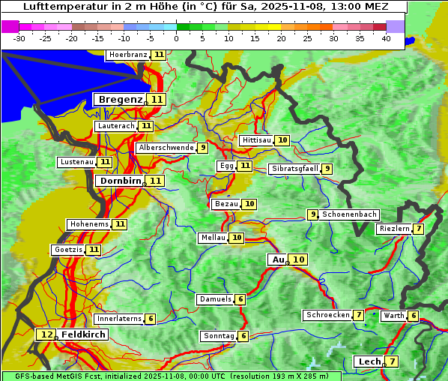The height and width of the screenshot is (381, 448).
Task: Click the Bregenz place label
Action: (x=120, y=100)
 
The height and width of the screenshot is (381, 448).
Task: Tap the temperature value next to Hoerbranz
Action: (x=158, y=55)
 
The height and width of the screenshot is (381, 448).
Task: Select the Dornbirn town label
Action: (x=119, y=181)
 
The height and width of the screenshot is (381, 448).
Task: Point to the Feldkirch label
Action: (x=84, y=334)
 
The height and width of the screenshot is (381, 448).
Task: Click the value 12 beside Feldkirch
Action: (x=47, y=334)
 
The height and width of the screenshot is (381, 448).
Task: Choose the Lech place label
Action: (x=369, y=361)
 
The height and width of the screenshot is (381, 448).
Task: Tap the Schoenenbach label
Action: (x=349, y=214)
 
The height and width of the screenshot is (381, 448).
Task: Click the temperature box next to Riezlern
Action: (x=419, y=229)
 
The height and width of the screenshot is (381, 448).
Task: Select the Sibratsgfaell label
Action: (x=294, y=169)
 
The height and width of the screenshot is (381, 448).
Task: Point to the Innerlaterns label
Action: (x=119, y=319)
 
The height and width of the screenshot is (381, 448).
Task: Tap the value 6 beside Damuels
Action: (x=240, y=299)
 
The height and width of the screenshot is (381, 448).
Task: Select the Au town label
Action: (x=278, y=259)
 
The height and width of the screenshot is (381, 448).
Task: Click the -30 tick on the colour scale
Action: (x=19, y=38)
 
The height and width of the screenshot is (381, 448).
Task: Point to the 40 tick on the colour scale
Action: (x=386, y=38)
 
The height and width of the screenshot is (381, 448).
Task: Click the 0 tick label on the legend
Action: (x=177, y=38)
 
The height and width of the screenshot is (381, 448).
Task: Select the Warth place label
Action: (x=393, y=316)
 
